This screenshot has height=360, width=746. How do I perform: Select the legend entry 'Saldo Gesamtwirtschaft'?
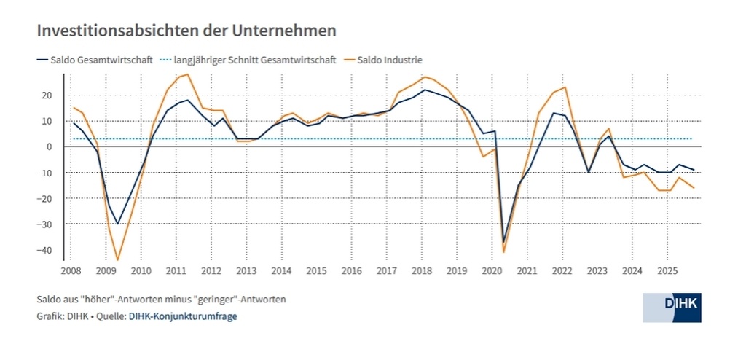pyautogui.click(x=101, y=60)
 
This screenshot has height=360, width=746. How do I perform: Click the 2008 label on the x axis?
pyautogui.click(x=71, y=271)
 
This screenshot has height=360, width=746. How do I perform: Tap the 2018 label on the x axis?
pyautogui.click(x=421, y=271)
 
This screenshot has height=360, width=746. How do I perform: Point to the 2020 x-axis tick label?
pyautogui.click(x=492, y=271)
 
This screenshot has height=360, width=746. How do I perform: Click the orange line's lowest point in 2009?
pyautogui.click(x=117, y=260)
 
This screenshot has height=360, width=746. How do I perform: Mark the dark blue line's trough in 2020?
pyautogui.click(x=503, y=242)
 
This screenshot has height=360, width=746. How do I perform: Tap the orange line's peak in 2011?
pyautogui.click(x=188, y=74)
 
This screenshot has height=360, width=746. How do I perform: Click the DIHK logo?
pyautogui.click(x=672, y=308)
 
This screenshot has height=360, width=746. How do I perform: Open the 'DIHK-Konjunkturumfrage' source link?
pyautogui.click(x=183, y=316)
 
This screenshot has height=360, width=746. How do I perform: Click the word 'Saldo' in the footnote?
pyautogui.click(x=49, y=300)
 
